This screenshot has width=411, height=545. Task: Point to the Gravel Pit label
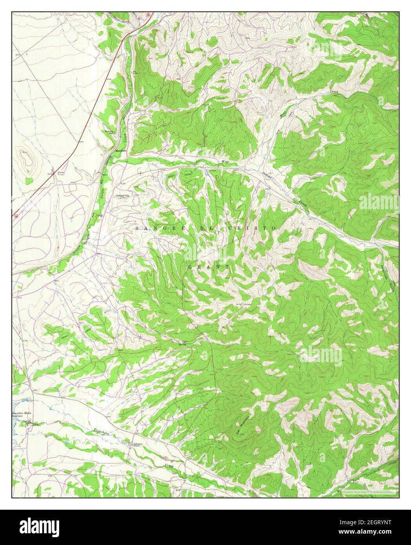[x=61, y=173]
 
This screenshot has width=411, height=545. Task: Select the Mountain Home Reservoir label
[x=22, y=415]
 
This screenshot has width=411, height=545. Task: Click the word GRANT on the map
[x=208, y=267]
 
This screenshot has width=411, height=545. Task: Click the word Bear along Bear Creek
[x=282, y=114]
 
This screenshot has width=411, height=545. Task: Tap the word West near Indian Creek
[x=225, y=161]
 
